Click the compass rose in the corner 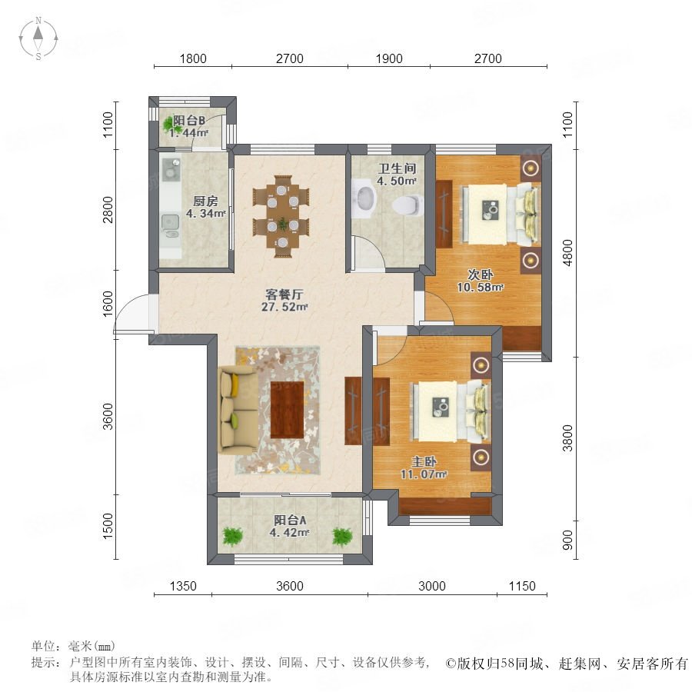click(38, 38)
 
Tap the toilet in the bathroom click(407, 205)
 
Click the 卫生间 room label click(398, 168)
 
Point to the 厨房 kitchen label click(205, 201)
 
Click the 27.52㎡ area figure click(284, 307)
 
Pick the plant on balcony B click(169, 125)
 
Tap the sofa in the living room click(238, 409)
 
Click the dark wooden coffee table click(287, 410)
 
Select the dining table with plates click(281, 216)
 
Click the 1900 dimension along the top click(389, 58)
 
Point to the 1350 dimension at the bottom click(183, 586)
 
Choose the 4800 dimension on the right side click(567, 252)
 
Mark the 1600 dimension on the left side click(108, 304)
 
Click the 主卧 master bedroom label click(424, 461)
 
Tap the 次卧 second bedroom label click(480, 274)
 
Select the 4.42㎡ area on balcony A click(289, 533)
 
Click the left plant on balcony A click(232, 537)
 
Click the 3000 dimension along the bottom click(431, 586)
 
